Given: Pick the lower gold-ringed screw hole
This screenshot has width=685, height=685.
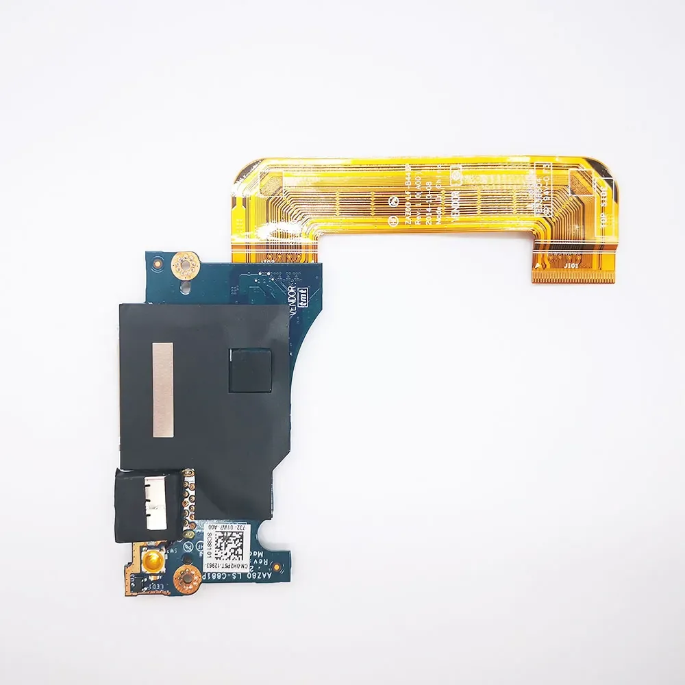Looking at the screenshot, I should [186, 580].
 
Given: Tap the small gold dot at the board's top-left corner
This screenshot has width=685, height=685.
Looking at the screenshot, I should [158, 262].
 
